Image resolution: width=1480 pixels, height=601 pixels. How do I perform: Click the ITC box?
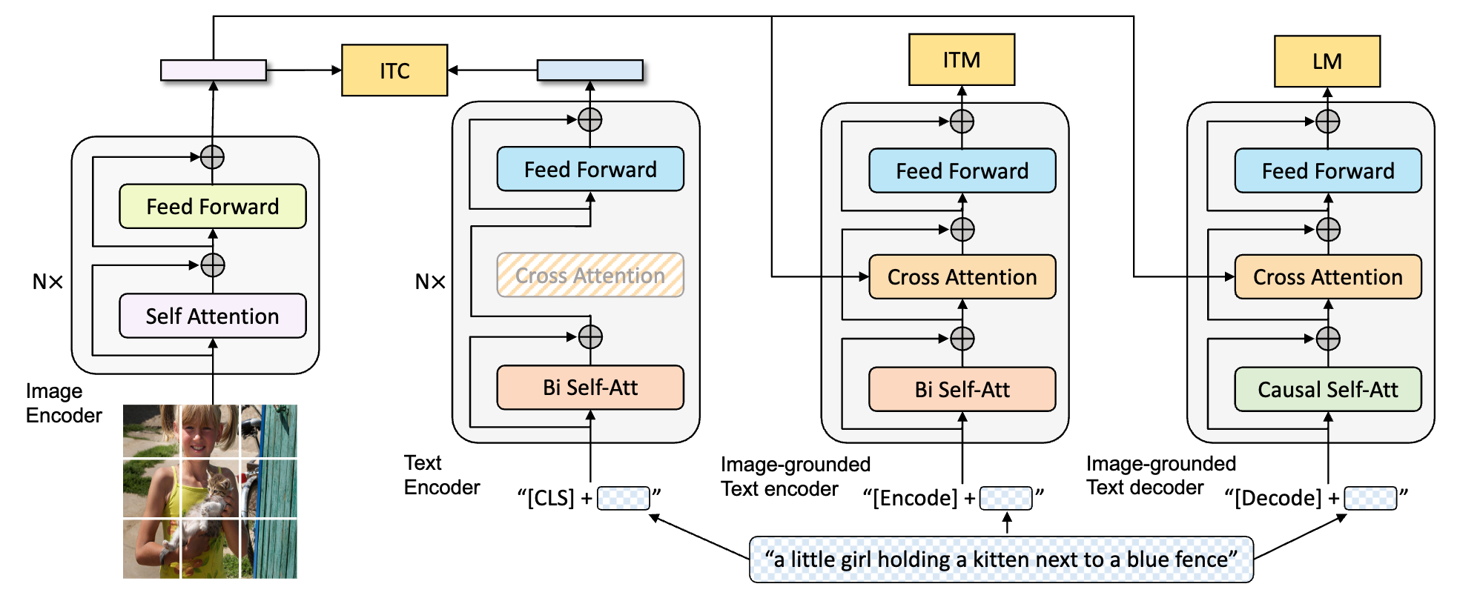394,70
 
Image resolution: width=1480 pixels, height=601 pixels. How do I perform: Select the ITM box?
962,60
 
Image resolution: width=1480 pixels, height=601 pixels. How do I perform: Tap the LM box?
1327,62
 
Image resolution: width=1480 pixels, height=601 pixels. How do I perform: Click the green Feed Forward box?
213,206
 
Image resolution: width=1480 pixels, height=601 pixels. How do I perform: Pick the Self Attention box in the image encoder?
213,316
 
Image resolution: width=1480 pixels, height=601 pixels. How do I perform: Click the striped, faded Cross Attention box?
590,276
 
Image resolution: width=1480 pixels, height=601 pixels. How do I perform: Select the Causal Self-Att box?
1328,389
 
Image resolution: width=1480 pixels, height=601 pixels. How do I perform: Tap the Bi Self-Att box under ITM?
962,389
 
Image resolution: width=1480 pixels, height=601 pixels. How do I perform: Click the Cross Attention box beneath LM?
1328,277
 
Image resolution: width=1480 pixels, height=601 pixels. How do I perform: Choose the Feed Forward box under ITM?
962,171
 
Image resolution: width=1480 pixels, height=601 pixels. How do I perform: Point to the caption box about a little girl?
1001,560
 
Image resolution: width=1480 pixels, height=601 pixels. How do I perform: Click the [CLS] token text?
550,498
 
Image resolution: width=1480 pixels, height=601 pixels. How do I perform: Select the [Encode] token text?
915,498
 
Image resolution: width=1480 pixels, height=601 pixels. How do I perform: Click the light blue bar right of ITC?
590,70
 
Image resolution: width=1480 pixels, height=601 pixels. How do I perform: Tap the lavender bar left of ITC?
214,70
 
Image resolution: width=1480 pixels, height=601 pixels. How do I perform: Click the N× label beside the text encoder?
430,282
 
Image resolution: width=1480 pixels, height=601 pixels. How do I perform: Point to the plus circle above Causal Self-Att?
1328,339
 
